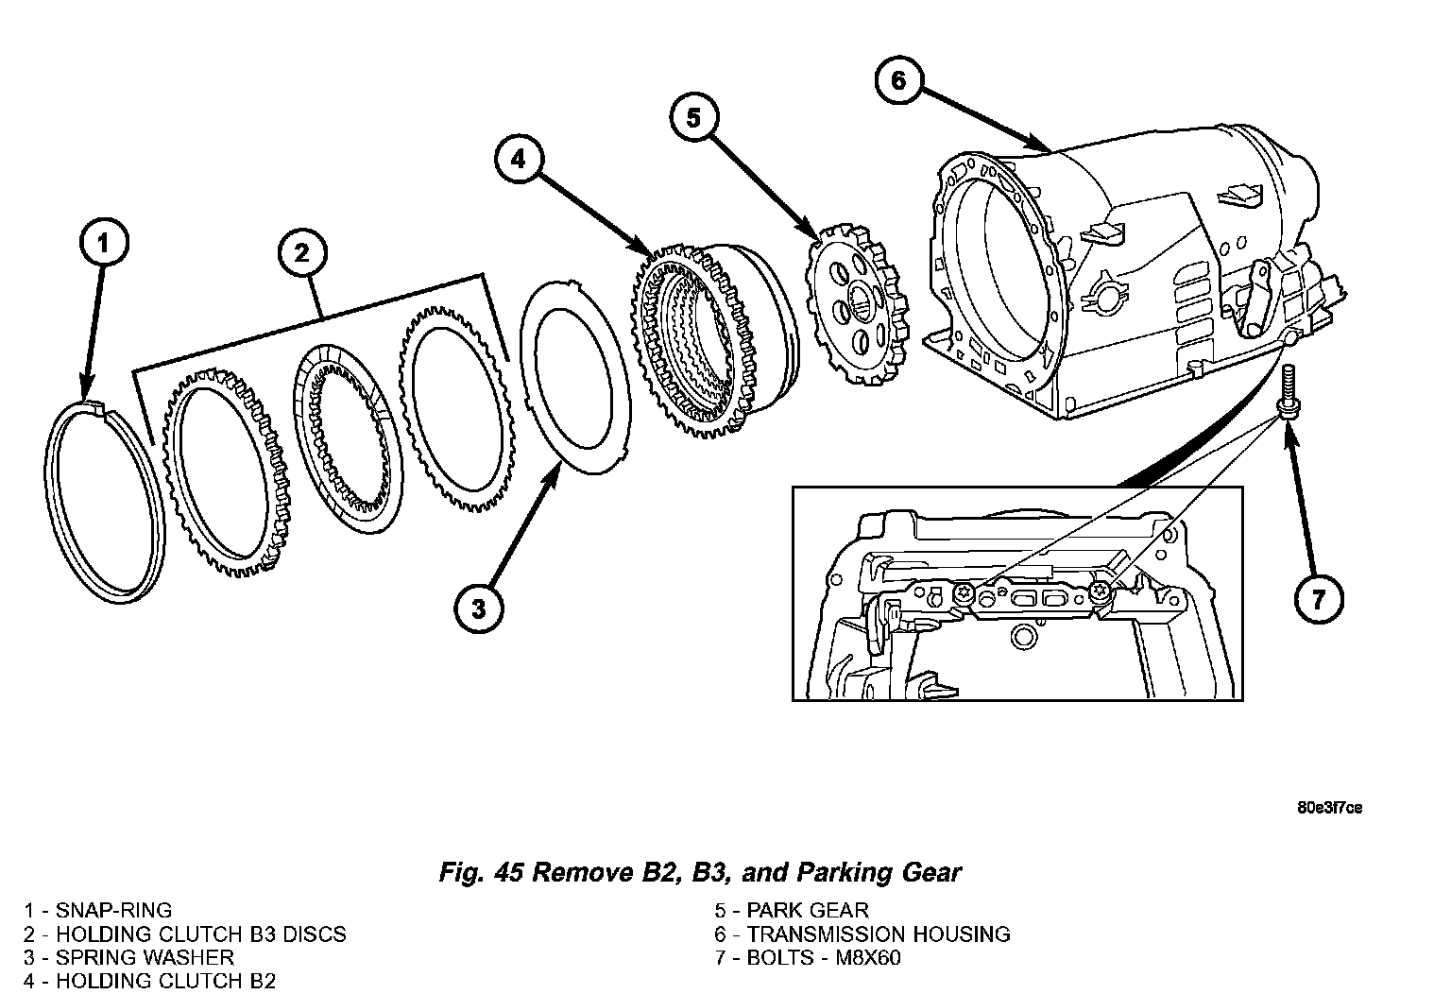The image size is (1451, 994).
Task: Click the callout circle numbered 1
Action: click(x=104, y=244)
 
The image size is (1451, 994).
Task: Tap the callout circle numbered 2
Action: click(x=301, y=252)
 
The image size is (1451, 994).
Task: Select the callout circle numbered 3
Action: click(x=479, y=608)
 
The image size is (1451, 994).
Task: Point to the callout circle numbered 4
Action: click(x=518, y=160)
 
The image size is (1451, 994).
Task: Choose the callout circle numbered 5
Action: click(x=694, y=118)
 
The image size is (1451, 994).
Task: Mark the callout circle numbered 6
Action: click(x=898, y=80)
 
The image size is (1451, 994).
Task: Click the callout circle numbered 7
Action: click(x=1319, y=598)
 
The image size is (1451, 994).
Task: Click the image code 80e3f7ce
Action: click(x=1330, y=808)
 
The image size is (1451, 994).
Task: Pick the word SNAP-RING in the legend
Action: click(x=113, y=911)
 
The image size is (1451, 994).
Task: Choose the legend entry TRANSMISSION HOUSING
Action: click(x=879, y=934)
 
